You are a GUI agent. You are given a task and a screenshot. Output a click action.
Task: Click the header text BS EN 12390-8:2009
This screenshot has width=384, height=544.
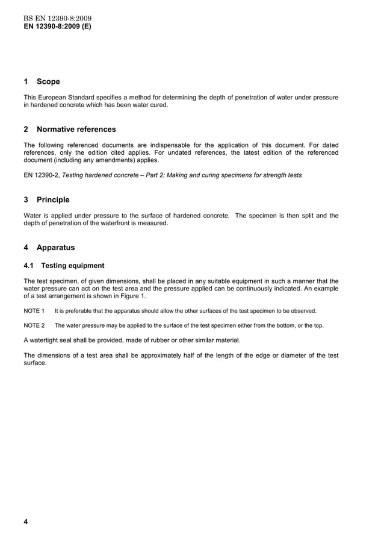coord(57,19)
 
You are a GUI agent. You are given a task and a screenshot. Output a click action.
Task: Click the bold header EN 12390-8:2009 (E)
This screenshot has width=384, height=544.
coord(57,27)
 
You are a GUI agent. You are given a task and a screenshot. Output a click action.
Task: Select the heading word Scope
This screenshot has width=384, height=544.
coord(48,81)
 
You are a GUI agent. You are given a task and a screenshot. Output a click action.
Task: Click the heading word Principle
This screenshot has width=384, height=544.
coord(53,199)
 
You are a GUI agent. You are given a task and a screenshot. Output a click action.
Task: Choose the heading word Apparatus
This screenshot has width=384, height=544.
coord(55,247)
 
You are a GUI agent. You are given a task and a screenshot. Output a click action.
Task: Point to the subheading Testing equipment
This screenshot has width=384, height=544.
coord(72,266)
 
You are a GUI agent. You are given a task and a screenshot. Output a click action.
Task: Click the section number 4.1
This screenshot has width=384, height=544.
coord(29,266)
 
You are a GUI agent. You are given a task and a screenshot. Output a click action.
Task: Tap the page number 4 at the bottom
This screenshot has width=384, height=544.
coord(26,522)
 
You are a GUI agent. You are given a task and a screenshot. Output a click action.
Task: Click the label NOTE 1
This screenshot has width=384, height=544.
coord(34,311)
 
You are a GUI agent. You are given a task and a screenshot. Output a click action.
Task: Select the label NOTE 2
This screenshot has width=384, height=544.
coord(34,325)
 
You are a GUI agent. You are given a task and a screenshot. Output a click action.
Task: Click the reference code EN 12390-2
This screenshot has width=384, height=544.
coord(42,175)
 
